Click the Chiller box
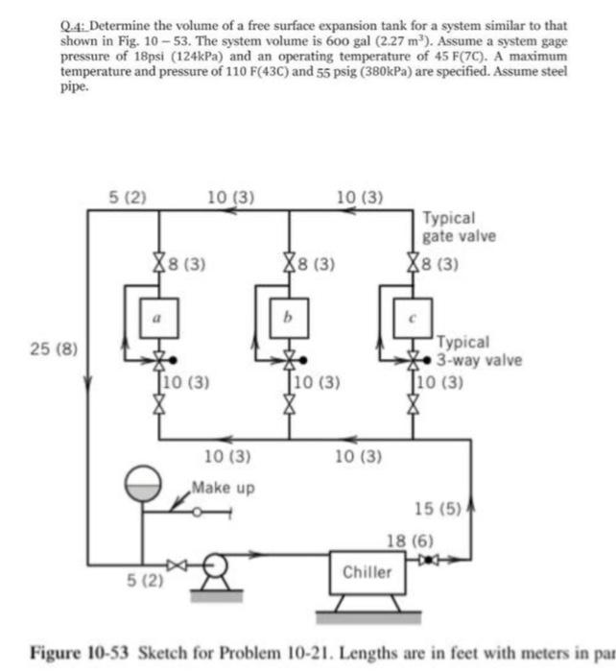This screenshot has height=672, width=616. click(367, 572)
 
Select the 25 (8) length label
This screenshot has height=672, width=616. click(46, 346)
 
